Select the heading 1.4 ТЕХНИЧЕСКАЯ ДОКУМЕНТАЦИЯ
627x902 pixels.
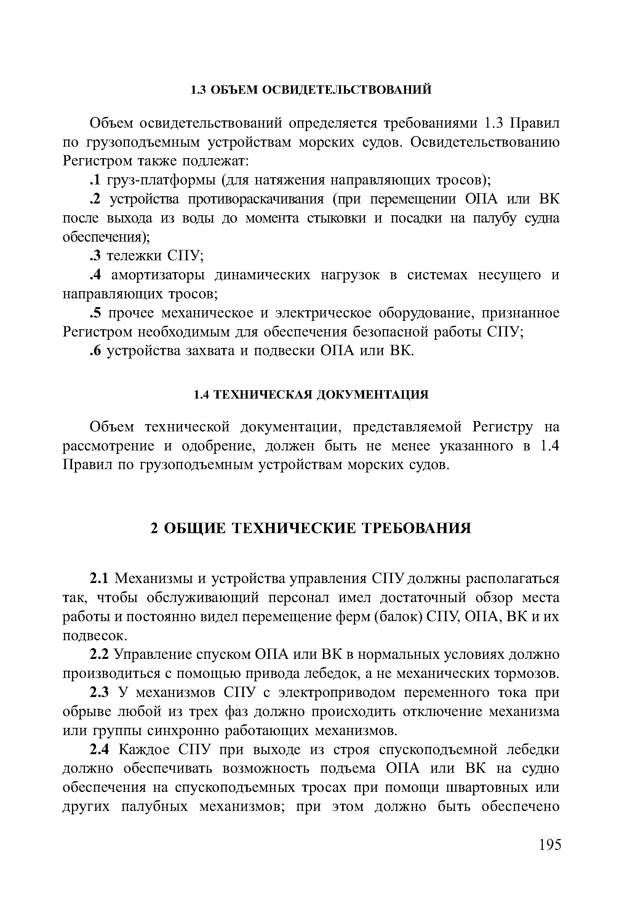311,394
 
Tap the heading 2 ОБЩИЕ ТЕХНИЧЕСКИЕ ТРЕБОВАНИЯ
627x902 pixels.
311,529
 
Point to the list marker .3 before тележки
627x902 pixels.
94,256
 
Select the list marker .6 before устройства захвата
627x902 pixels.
94,351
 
